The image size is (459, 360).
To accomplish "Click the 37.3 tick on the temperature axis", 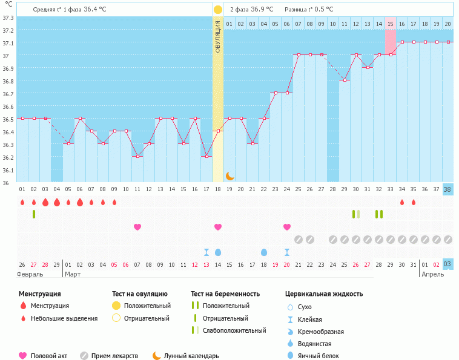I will coord(8,18).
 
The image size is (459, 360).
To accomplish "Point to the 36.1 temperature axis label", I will coord(8,170).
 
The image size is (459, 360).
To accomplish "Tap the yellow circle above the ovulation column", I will coord(218,10).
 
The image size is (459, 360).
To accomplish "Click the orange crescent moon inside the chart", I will coord(230,175).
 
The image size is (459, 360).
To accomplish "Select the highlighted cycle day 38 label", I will coord(447,189).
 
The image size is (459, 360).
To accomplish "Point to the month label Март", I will coord(73,274).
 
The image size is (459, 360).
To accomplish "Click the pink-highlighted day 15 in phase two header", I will coord(390,24).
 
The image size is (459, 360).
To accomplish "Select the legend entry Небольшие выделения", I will coord(64,318).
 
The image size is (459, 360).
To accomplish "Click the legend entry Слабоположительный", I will coord(235,330).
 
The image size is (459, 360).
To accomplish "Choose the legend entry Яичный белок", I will coord(319,356).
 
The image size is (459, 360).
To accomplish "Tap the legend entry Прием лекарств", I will coord(114,356).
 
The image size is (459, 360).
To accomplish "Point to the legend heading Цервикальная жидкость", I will coord(324,294).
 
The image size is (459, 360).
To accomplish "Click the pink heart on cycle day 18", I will coord(218,227).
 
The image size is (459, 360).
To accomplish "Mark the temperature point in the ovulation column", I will coord(218,131).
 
